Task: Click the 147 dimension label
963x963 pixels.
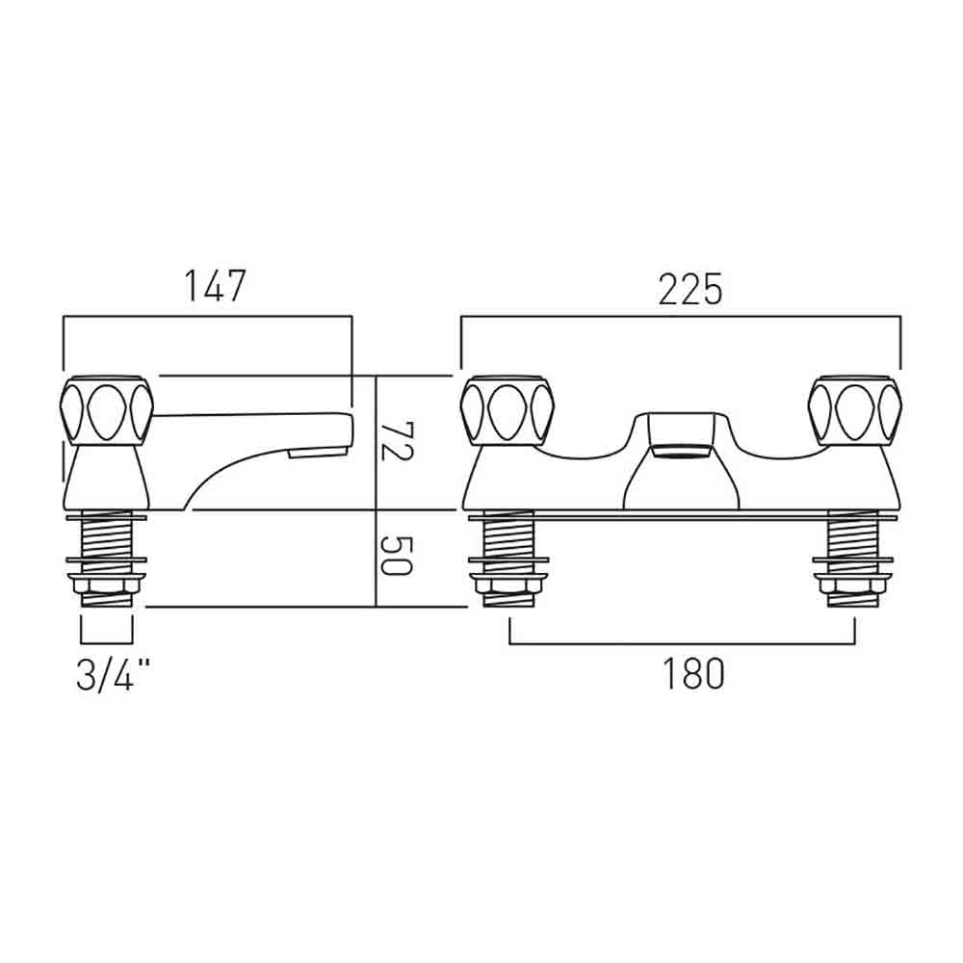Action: [x=216, y=285]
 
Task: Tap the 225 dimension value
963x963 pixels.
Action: [x=690, y=289]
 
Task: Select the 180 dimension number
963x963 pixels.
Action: [x=692, y=674]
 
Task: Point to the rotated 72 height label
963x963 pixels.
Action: [x=397, y=441]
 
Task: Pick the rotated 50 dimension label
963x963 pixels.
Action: [x=396, y=556]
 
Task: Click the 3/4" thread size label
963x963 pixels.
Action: [x=113, y=675]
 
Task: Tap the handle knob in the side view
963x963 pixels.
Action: [x=107, y=409]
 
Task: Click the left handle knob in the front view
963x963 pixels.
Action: [x=508, y=409]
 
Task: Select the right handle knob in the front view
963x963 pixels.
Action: [x=855, y=409]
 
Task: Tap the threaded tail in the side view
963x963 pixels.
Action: [x=106, y=558]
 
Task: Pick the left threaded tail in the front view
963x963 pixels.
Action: [x=508, y=558]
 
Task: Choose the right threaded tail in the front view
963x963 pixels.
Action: [x=853, y=558]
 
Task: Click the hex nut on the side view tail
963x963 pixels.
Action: [x=106, y=584]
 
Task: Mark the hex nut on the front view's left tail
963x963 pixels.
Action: [x=508, y=584]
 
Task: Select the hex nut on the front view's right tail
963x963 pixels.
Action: [x=853, y=584]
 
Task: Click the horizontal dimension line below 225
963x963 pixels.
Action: [x=681, y=317]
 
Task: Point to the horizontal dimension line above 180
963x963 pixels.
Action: [x=683, y=643]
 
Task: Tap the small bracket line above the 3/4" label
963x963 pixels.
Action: [x=106, y=643]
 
